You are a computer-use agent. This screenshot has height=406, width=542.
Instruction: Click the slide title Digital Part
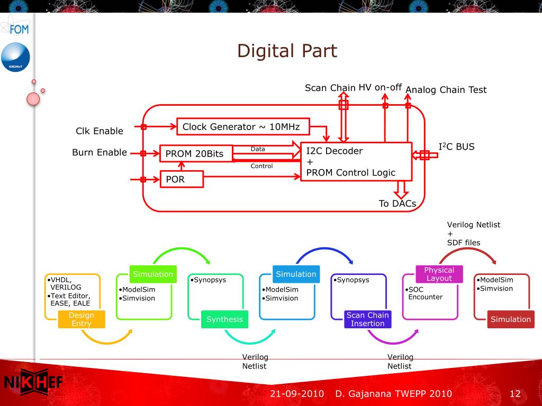click(x=287, y=51)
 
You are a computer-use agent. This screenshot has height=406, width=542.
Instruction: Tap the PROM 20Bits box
click(x=196, y=154)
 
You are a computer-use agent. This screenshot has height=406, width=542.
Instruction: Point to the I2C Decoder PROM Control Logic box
click(x=356, y=162)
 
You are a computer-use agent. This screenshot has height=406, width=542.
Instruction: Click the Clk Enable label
click(x=100, y=131)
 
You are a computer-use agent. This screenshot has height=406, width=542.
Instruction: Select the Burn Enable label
click(x=100, y=152)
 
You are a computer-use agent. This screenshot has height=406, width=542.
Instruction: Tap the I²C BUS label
click(x=457, y=146)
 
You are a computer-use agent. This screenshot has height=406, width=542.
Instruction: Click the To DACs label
click(x=398, y=204)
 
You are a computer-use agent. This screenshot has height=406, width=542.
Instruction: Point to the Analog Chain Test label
click(x=446, y=90)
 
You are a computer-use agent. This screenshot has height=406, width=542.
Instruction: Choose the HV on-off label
click(x=381, y=87)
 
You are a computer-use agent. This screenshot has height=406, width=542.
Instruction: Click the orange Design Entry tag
click(x=82, y=319)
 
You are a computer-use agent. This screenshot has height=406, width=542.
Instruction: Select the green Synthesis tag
click(x=224, y=319)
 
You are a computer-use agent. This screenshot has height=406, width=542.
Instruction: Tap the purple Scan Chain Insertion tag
click(x=367, y=319)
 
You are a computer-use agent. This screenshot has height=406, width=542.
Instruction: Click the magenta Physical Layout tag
click(x=439, y=274)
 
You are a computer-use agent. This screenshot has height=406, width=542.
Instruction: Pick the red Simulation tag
click(x=510, y=319)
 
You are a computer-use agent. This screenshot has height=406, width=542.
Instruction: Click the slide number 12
click(x=515, y=394)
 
